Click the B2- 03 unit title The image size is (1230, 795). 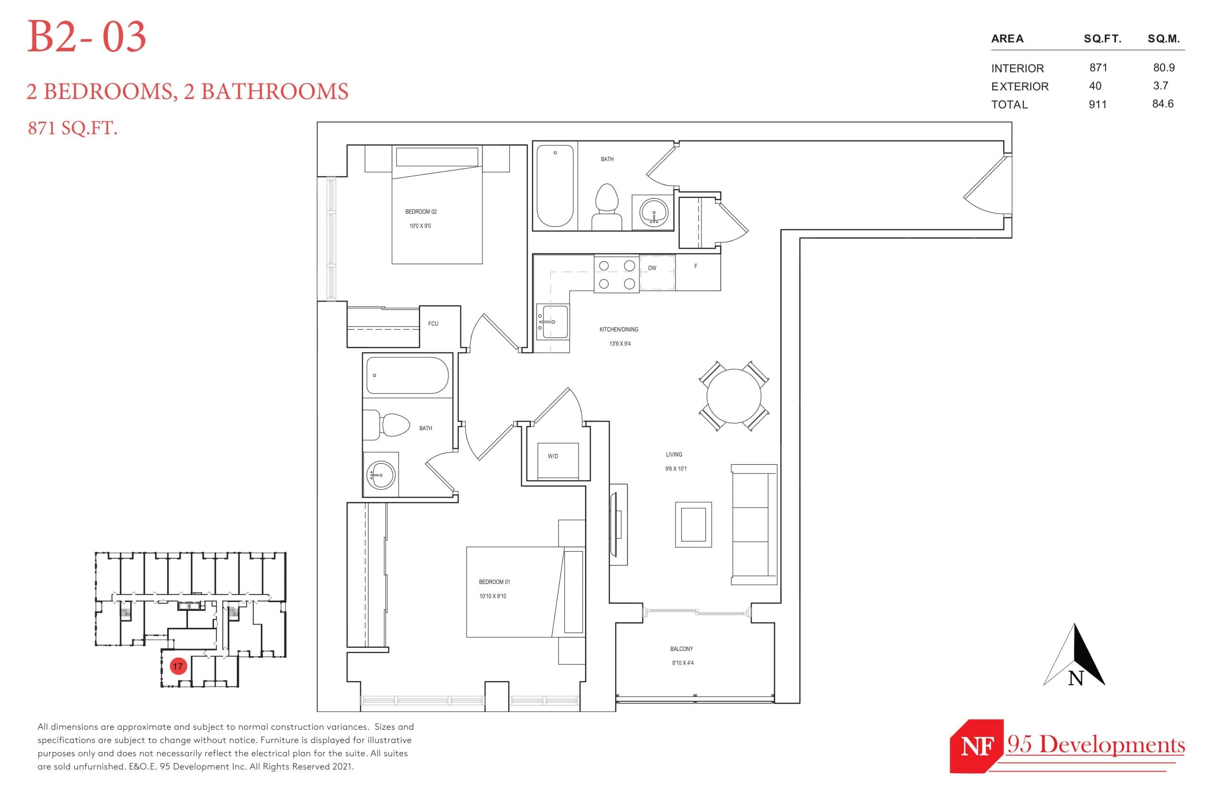coord(86,37)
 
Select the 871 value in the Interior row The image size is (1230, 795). coord(1098,68)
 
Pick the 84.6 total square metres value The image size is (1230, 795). coord(1162,104)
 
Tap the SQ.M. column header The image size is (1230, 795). coord(1163,39)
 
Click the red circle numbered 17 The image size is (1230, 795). coord(178,666)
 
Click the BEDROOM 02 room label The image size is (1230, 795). coord(420,212)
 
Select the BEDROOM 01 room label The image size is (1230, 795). coord(494,582)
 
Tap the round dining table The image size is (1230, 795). coord(734,396)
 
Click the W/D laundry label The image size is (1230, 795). coord(553,457)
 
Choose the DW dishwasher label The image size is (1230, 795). coord(652,268)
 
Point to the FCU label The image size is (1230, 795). coord(433,324)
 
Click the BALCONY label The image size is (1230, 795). coord(681,649)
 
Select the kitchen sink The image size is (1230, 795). coord(552,321)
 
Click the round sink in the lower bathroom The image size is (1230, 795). coord(381,474)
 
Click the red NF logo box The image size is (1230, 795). coord(976,746)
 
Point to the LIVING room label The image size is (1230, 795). coord(674,455)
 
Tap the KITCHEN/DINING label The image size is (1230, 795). coord(618,329)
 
